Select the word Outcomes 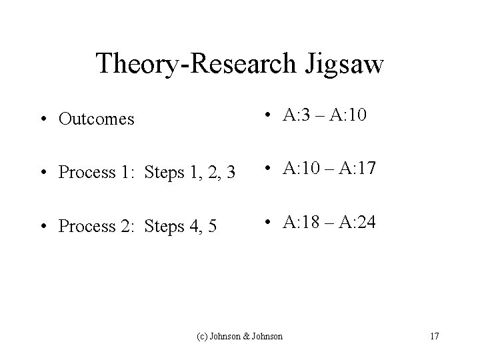(97, 119)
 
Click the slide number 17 (434, 336)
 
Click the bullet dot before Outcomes (43, 120)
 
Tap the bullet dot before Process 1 (43, 173)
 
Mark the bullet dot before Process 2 (43, 226)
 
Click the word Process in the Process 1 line (85, 173)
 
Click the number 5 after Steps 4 (211, 226)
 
